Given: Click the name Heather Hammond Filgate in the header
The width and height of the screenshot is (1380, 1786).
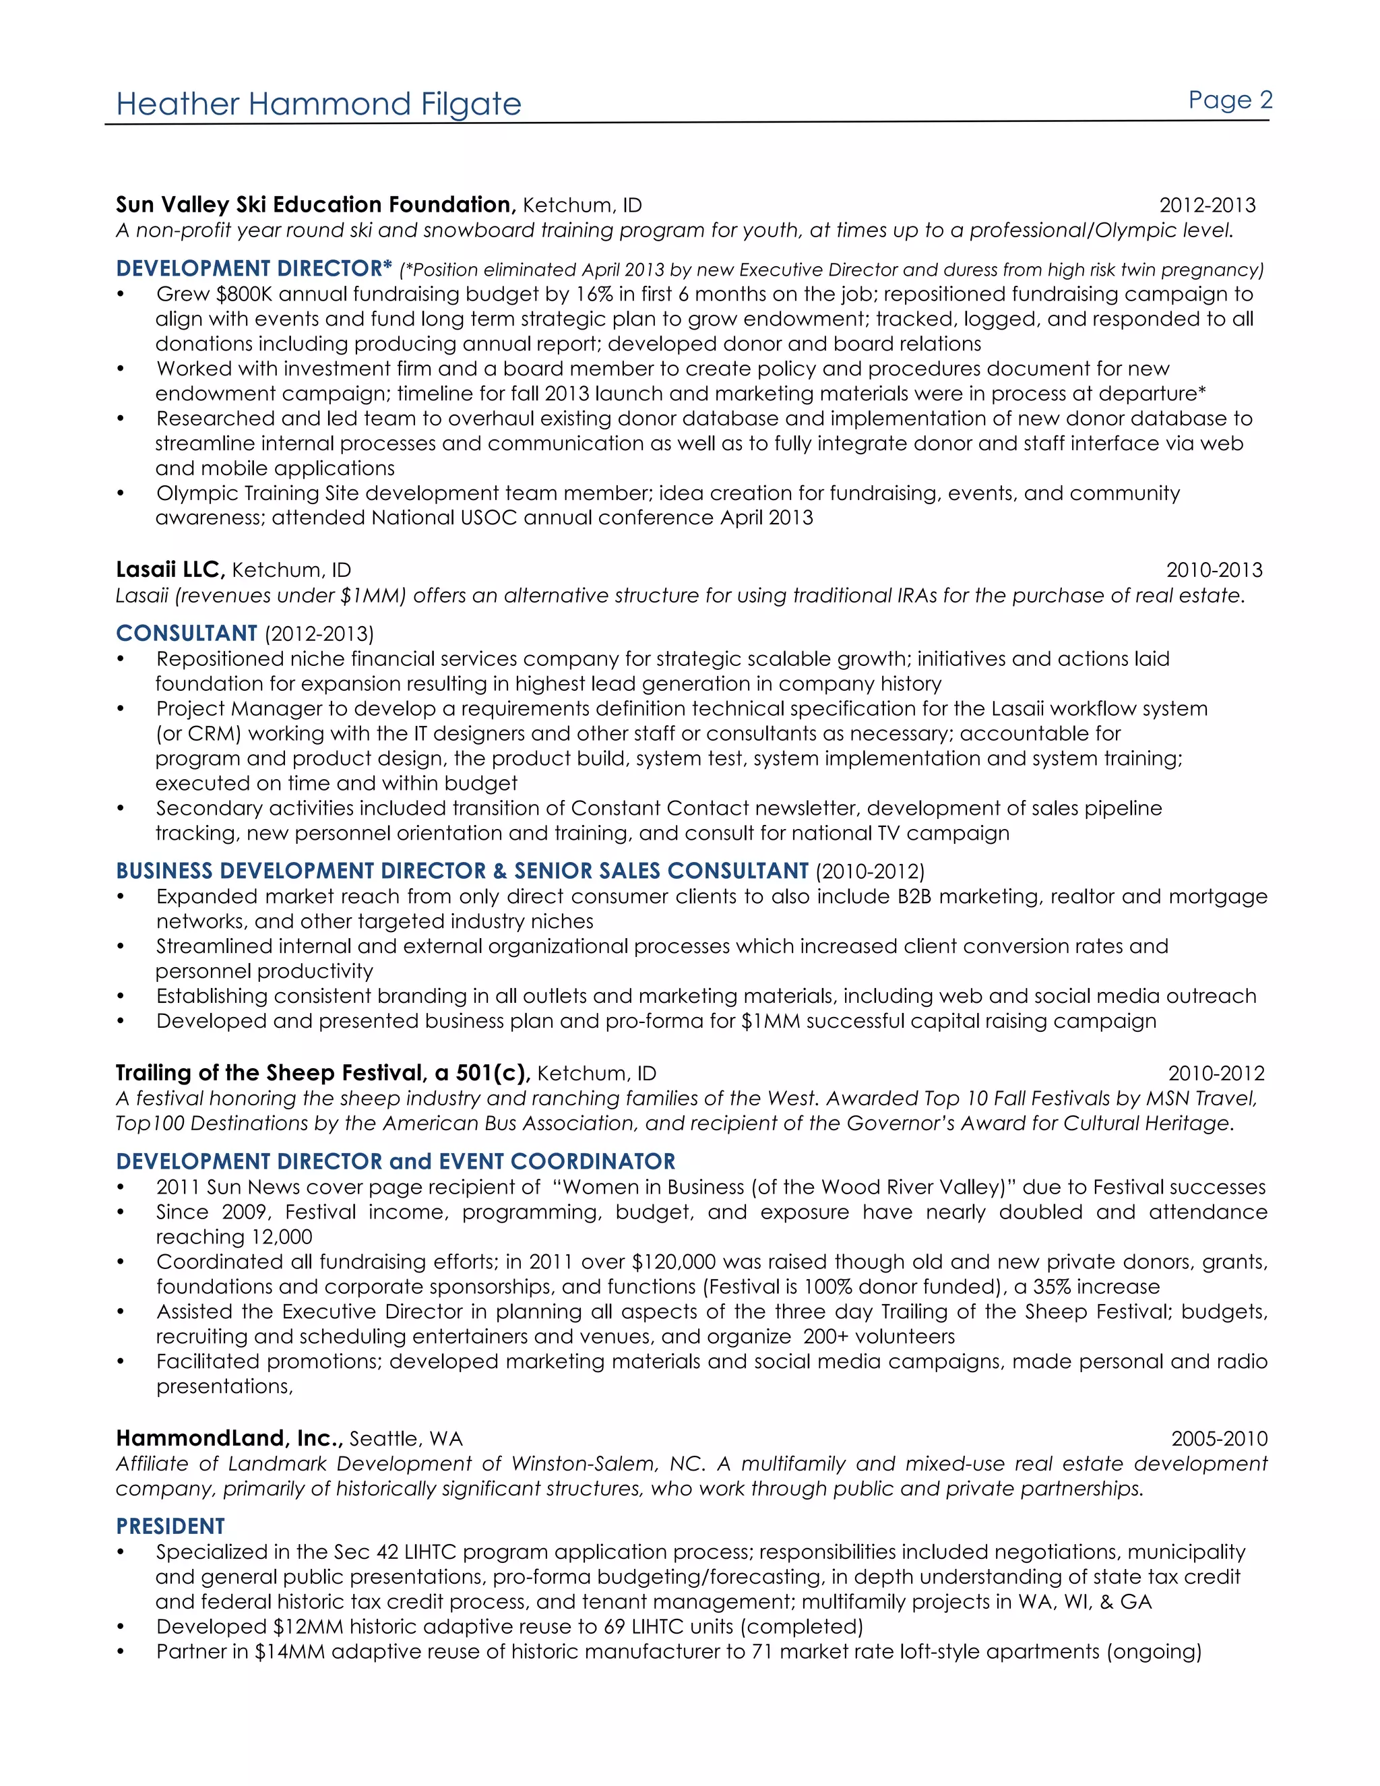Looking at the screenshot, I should [318, 104].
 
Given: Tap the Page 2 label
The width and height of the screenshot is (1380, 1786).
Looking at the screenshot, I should [1230, 100].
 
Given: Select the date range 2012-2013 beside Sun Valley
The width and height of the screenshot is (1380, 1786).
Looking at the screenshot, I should [1207, 206].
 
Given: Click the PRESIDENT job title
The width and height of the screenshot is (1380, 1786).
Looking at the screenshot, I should [170, 1526].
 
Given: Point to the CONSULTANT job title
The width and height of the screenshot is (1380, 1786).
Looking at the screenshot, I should [187, 633].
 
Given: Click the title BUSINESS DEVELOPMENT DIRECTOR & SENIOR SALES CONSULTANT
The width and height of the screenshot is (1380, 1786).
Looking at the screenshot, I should [462, 871].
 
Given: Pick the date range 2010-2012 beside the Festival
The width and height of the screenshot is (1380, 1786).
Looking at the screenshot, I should [1216, 1073].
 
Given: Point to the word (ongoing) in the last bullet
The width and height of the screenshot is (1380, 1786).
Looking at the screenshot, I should [1154, 1651].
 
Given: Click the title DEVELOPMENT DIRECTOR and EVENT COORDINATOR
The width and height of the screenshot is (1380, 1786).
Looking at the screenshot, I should [396, 1161].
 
